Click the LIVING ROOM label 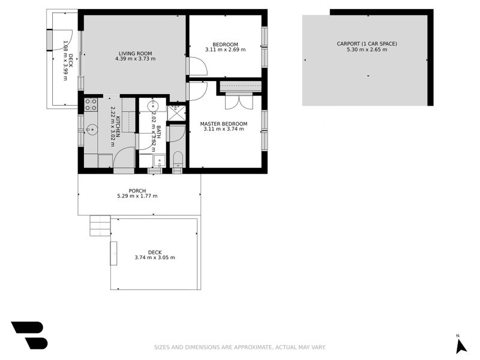pyautogui.click(x=136, y=53)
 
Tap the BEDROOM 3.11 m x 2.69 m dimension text pyautogui.click(x=225, y=50)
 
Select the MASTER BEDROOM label pyautogui.click(x=225, y=124)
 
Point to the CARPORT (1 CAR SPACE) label pyautogui.click(x=367, y=43)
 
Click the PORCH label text pyautogui.click(x=137, y=191)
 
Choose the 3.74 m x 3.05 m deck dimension pyautogui.click(x=155, y=258)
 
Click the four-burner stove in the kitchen pyautogui.click(x=91, y=104)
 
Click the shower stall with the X pyautogui.click(x=176, y=112)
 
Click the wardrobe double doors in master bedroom pyautogui.click(x=239, y=101)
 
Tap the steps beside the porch pyautogui.click(x=100, y=226)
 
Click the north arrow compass pyautogui.click(x=461, y=344)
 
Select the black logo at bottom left pyautogui.click(x=29, y=335)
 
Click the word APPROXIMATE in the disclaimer pyautogui.click(x=248, y=347)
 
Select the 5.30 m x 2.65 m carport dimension pyautogui.click(x=367, y=50)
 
